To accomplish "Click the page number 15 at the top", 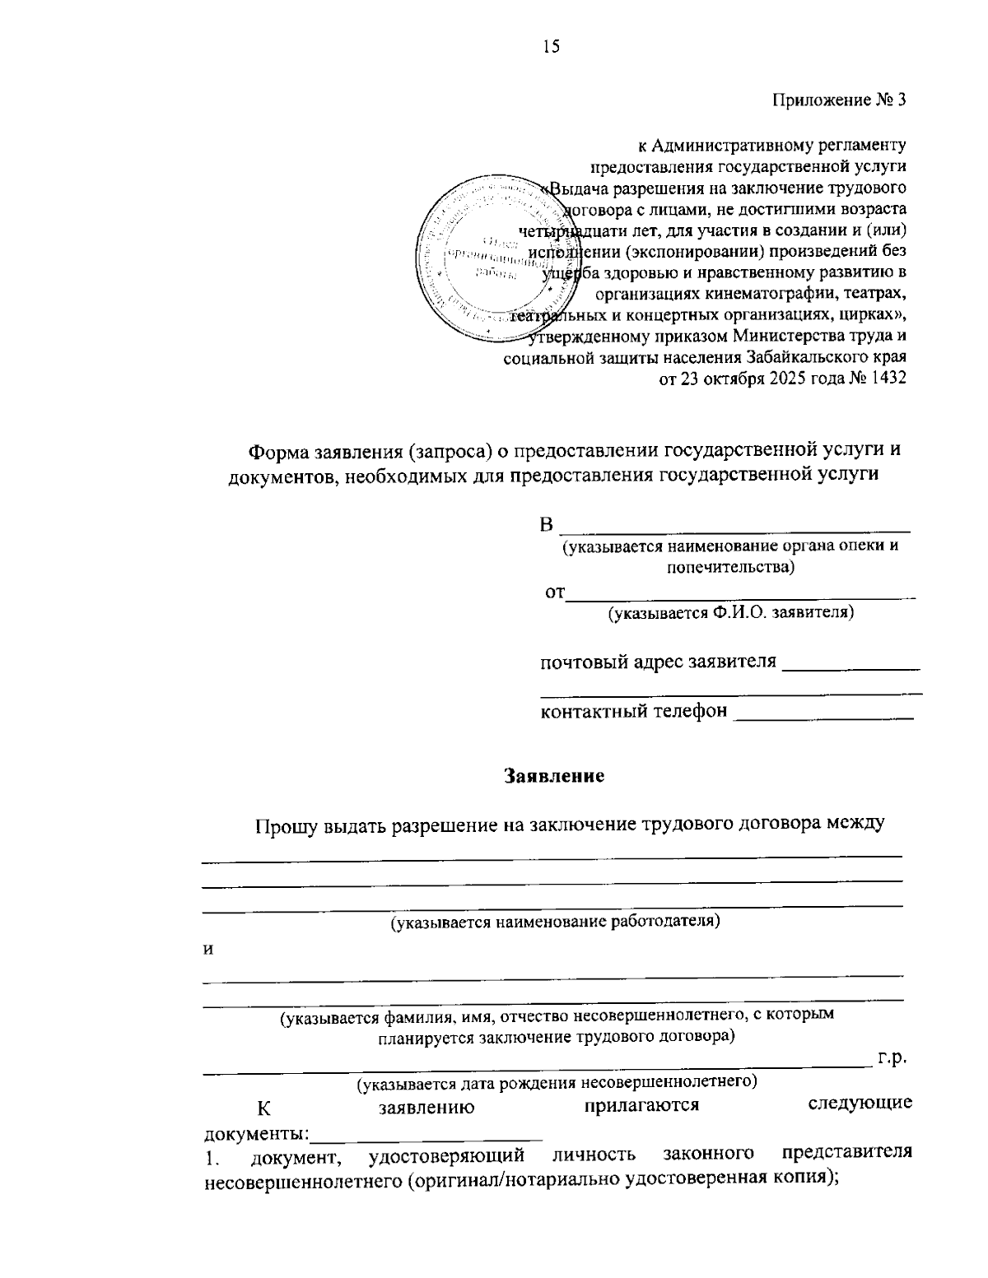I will (551, 47).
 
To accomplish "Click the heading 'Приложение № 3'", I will (839, 100).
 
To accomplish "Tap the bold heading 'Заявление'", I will (554, 776).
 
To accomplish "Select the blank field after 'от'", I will (741, 593).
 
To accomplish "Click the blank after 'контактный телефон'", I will (823, 714).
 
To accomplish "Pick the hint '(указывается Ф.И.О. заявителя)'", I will (730, 612).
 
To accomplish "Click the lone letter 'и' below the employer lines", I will (208, 950).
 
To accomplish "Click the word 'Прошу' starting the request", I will (283, 825).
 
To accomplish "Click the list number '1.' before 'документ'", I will (212, 1161).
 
